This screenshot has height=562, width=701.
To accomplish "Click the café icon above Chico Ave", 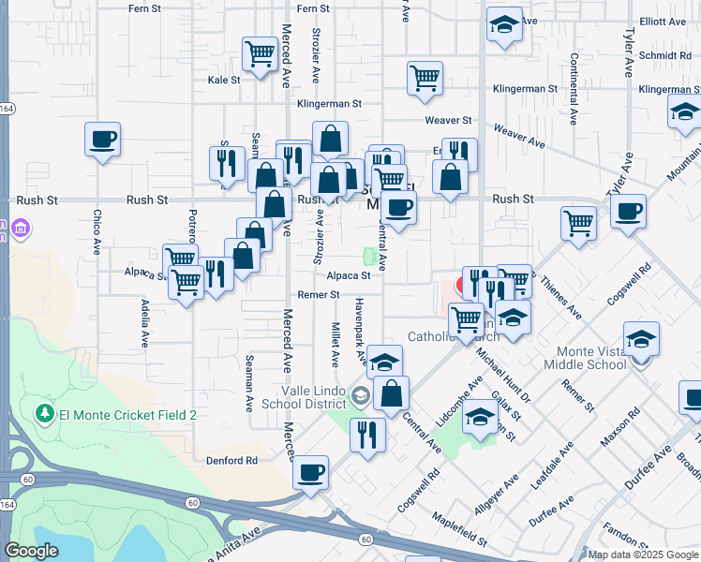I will [103, 140].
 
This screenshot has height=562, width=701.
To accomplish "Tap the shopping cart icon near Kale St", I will [260, 53].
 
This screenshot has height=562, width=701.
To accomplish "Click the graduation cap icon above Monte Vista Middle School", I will [642, 339].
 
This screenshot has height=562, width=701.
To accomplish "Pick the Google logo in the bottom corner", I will [31, 551].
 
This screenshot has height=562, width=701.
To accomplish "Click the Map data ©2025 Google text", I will [643, 555].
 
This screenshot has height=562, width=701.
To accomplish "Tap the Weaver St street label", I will [447, 121].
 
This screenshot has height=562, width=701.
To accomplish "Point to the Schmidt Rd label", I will [664, 55].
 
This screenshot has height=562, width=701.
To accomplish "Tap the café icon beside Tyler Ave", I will [628, 212].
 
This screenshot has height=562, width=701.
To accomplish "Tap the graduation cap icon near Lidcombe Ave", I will [480, 418].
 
